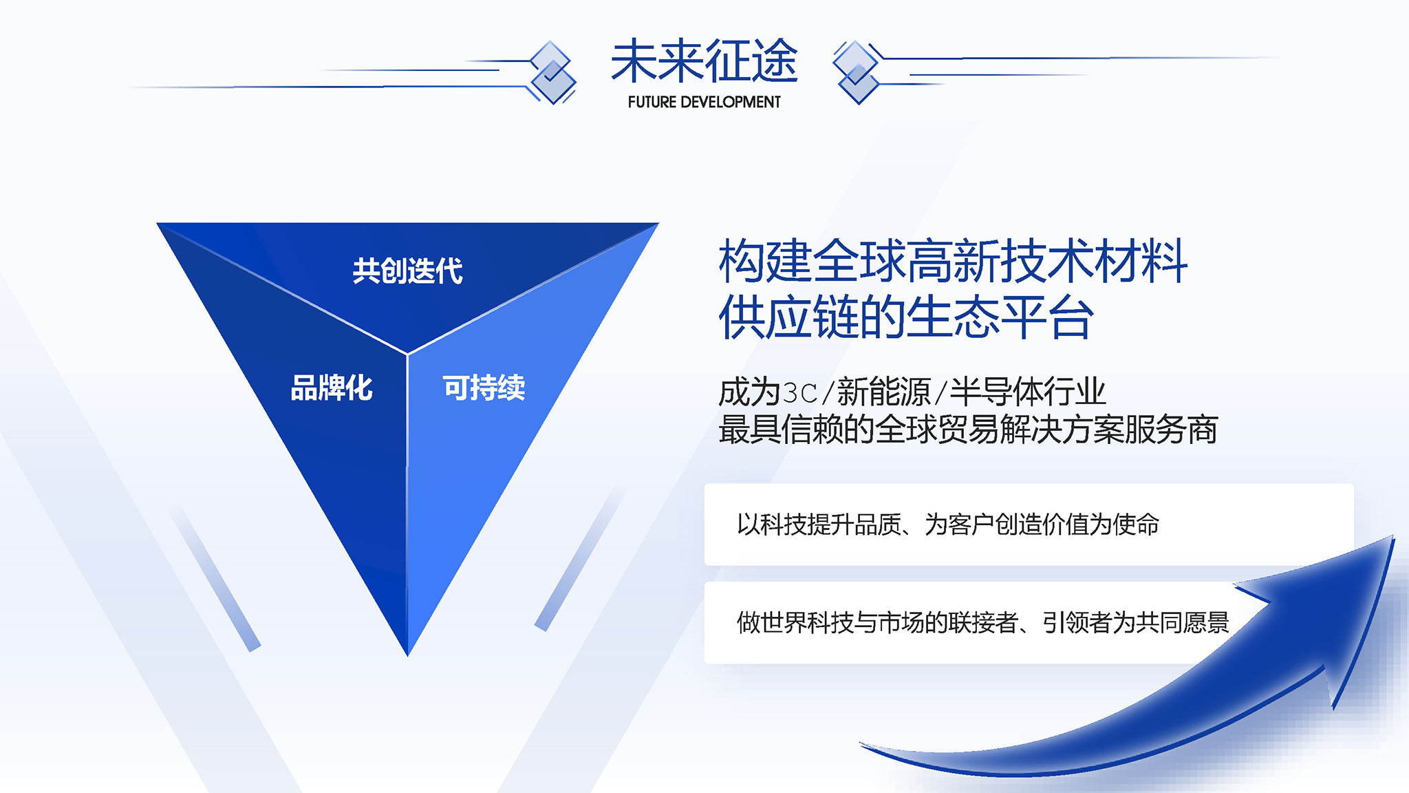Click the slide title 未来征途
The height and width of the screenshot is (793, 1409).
tap(704, 61)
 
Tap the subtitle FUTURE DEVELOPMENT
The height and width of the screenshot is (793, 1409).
tap(704, 102)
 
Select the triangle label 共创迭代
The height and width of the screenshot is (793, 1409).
tap(407, 271)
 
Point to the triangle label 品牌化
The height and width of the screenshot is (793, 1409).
tap(332, 388)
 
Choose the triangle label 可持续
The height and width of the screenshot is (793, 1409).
tap(484, 388)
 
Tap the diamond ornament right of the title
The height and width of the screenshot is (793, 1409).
tap(857, 72)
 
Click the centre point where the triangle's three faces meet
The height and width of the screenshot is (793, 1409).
tap(407, 354)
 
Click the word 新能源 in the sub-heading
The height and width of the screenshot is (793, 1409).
tap(883, 392)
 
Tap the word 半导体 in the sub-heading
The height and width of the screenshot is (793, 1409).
tap(996, 392)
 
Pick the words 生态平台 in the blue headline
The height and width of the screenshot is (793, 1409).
tap(1000, 317)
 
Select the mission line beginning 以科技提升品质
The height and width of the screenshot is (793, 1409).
tap(947, 525)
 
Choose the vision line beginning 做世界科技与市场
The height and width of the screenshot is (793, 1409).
tap(982, 622)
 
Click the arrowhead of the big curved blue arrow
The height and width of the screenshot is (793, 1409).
tap(1331, 606)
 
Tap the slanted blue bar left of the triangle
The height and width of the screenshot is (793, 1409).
tap(215, 578)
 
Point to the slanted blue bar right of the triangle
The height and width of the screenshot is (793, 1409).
tap(580, 558)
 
